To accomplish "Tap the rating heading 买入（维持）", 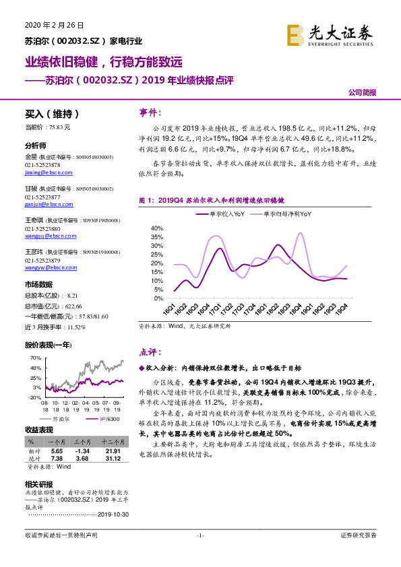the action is tap(52, 114).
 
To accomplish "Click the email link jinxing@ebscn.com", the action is tap(46, 172).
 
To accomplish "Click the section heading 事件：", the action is tap(150, 113).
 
